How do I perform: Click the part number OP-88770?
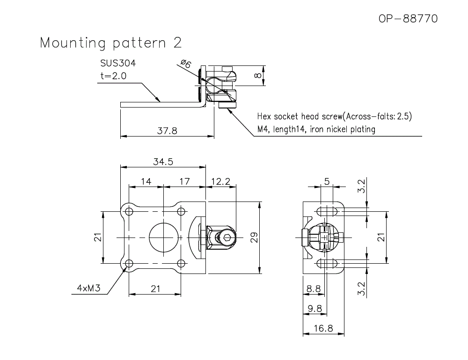tap(408, 19)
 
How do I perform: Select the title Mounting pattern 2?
tap(111, 43)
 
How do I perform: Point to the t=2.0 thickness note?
tap(113, 76)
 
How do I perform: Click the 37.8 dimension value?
tap(167, 131)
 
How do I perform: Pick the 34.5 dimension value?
tap(163, 162)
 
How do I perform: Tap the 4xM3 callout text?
tap(89, 288)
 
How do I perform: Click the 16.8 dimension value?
tap(323, 329)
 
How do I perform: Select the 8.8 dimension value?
tap(313, 289)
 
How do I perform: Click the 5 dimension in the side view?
tap(327, 181)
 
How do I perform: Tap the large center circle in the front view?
tap(163, 238)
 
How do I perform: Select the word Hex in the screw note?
tap(265, 116)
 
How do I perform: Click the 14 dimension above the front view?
tap(146, 181)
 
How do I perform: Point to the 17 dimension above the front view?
tap(184, 181)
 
